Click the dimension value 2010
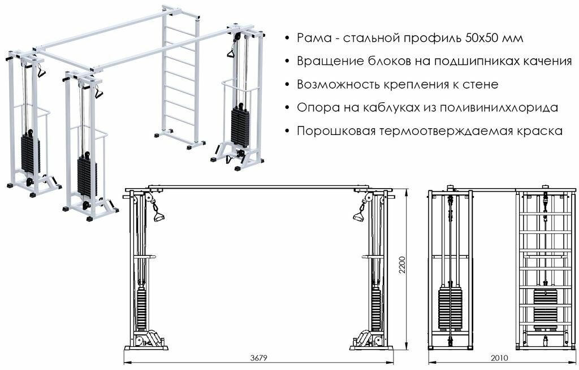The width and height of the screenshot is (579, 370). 499,357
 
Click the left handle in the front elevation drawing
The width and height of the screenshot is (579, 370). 158,216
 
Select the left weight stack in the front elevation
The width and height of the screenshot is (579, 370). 141,308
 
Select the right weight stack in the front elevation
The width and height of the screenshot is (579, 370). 376,308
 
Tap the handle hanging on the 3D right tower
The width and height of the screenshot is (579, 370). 231,53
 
